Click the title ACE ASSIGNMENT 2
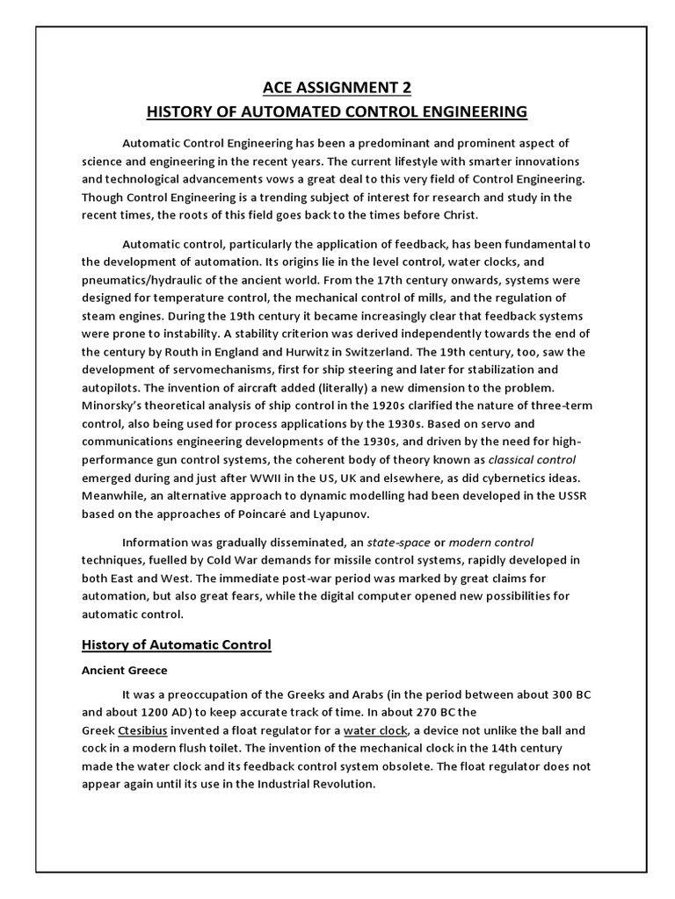(x=337, y=88)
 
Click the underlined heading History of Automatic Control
(x=177, y=645)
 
